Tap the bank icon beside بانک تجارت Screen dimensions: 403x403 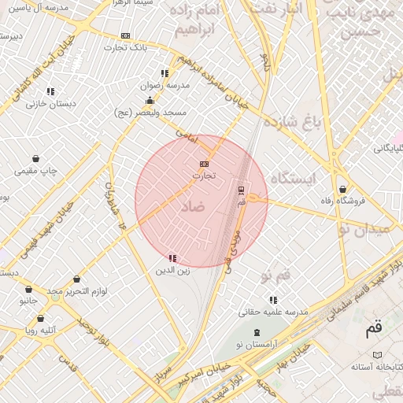click(x=125, y=36)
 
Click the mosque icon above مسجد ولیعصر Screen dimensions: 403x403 click(x=150, y=100)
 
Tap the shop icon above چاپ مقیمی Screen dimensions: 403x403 click(x=36, y=158)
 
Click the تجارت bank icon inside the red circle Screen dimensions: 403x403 click(x=205, y=163)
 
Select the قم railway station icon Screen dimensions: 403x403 click(x=241, y=190)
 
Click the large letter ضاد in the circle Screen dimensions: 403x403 click(x=191, y=207)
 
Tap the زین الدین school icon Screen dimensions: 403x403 click(x=172, y=258)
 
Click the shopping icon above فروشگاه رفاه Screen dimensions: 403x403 click(x=342, y=189)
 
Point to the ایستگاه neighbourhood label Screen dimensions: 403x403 click(x=292, y=179)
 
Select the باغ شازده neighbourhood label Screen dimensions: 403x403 click(x=294, y=122)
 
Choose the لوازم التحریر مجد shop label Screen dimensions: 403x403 click(x=76, y=291)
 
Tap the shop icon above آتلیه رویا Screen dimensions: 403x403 click(x=40, y=320)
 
